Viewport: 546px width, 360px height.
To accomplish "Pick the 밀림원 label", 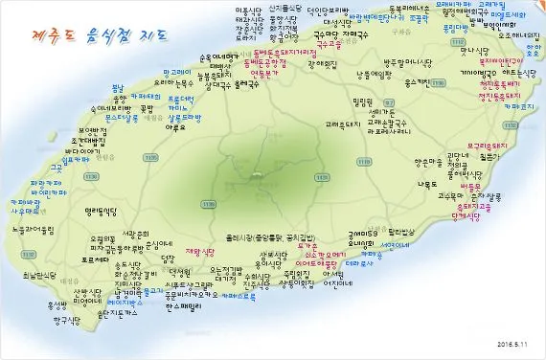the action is [x=361, y=101].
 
